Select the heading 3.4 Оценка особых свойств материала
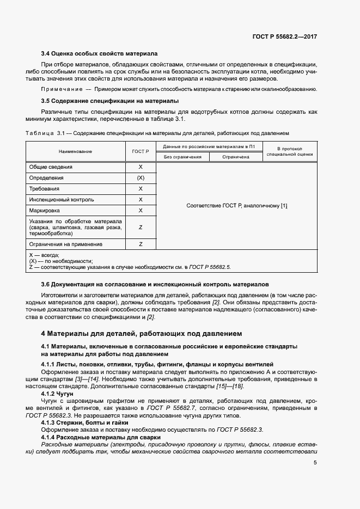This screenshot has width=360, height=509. coord(100,54)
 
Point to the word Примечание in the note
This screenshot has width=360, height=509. coord(60,89)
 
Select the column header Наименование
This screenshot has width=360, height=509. coord(76,151)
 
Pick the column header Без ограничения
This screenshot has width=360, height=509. coord(182,157)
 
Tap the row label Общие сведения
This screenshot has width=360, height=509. coord(51,167)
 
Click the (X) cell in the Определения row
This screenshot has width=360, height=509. coord(141,178)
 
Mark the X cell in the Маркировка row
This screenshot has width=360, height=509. coord(141,210)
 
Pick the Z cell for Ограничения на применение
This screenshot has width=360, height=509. coord(141,244)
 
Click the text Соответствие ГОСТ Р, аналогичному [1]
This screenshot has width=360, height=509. coord(236,206)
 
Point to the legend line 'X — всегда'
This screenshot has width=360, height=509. coord(44,255)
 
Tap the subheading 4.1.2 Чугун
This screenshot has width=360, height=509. coord(57,393)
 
